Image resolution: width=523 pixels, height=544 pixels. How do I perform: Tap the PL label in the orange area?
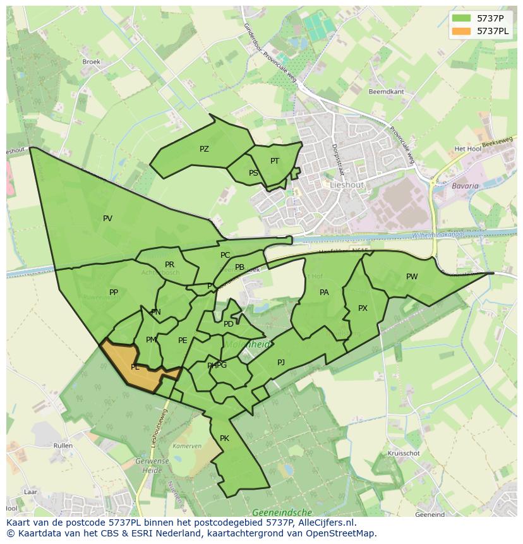(x=135, y=367)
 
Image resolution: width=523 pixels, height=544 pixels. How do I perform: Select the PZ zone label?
(x=204, y=149)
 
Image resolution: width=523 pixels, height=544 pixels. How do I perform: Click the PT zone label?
(x=275, y=161)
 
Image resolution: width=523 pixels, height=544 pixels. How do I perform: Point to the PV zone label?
(x=107, y=219)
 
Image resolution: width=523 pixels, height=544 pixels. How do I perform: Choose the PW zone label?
(x=412, y=277)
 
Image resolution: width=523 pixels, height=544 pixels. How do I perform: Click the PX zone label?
(x=363, y=308)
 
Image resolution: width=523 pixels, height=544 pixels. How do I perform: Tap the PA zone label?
(x=324, y=293)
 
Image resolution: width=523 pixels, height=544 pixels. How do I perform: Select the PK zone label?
(x=224, y=438)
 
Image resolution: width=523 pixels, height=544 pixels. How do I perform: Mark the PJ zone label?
(x=281, y=363)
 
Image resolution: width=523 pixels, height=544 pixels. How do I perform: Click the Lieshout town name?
(x=346, y=184)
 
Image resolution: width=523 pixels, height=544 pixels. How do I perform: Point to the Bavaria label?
(x=465, y=186)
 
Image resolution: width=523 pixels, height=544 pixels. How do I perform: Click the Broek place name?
(x=92, y=62)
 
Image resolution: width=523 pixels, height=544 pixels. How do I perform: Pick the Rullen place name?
(x=63, y=445)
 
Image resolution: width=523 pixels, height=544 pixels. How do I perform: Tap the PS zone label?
(x=253, y=173)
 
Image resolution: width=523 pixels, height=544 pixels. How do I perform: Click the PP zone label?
(x=114, y=293)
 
